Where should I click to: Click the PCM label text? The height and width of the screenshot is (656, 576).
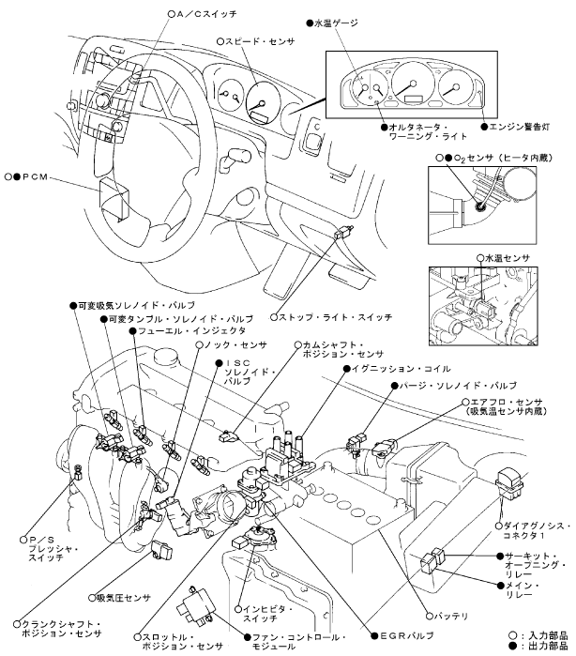pos(35,177)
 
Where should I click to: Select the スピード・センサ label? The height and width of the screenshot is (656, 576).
pos(260,41)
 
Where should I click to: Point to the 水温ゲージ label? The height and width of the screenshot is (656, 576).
pos(336,23)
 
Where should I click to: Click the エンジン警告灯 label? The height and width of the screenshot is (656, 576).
pos(519,127)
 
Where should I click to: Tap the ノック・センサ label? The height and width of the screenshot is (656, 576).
pos(235,345)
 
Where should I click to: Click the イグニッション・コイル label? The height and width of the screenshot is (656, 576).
pos(401,369)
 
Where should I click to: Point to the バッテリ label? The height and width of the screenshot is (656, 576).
pos(451,616)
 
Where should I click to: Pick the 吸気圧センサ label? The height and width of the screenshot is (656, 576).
pos(124,598)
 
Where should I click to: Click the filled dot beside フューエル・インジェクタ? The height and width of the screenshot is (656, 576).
pos(132,331)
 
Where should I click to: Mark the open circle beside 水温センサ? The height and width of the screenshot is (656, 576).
pos(480,258)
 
